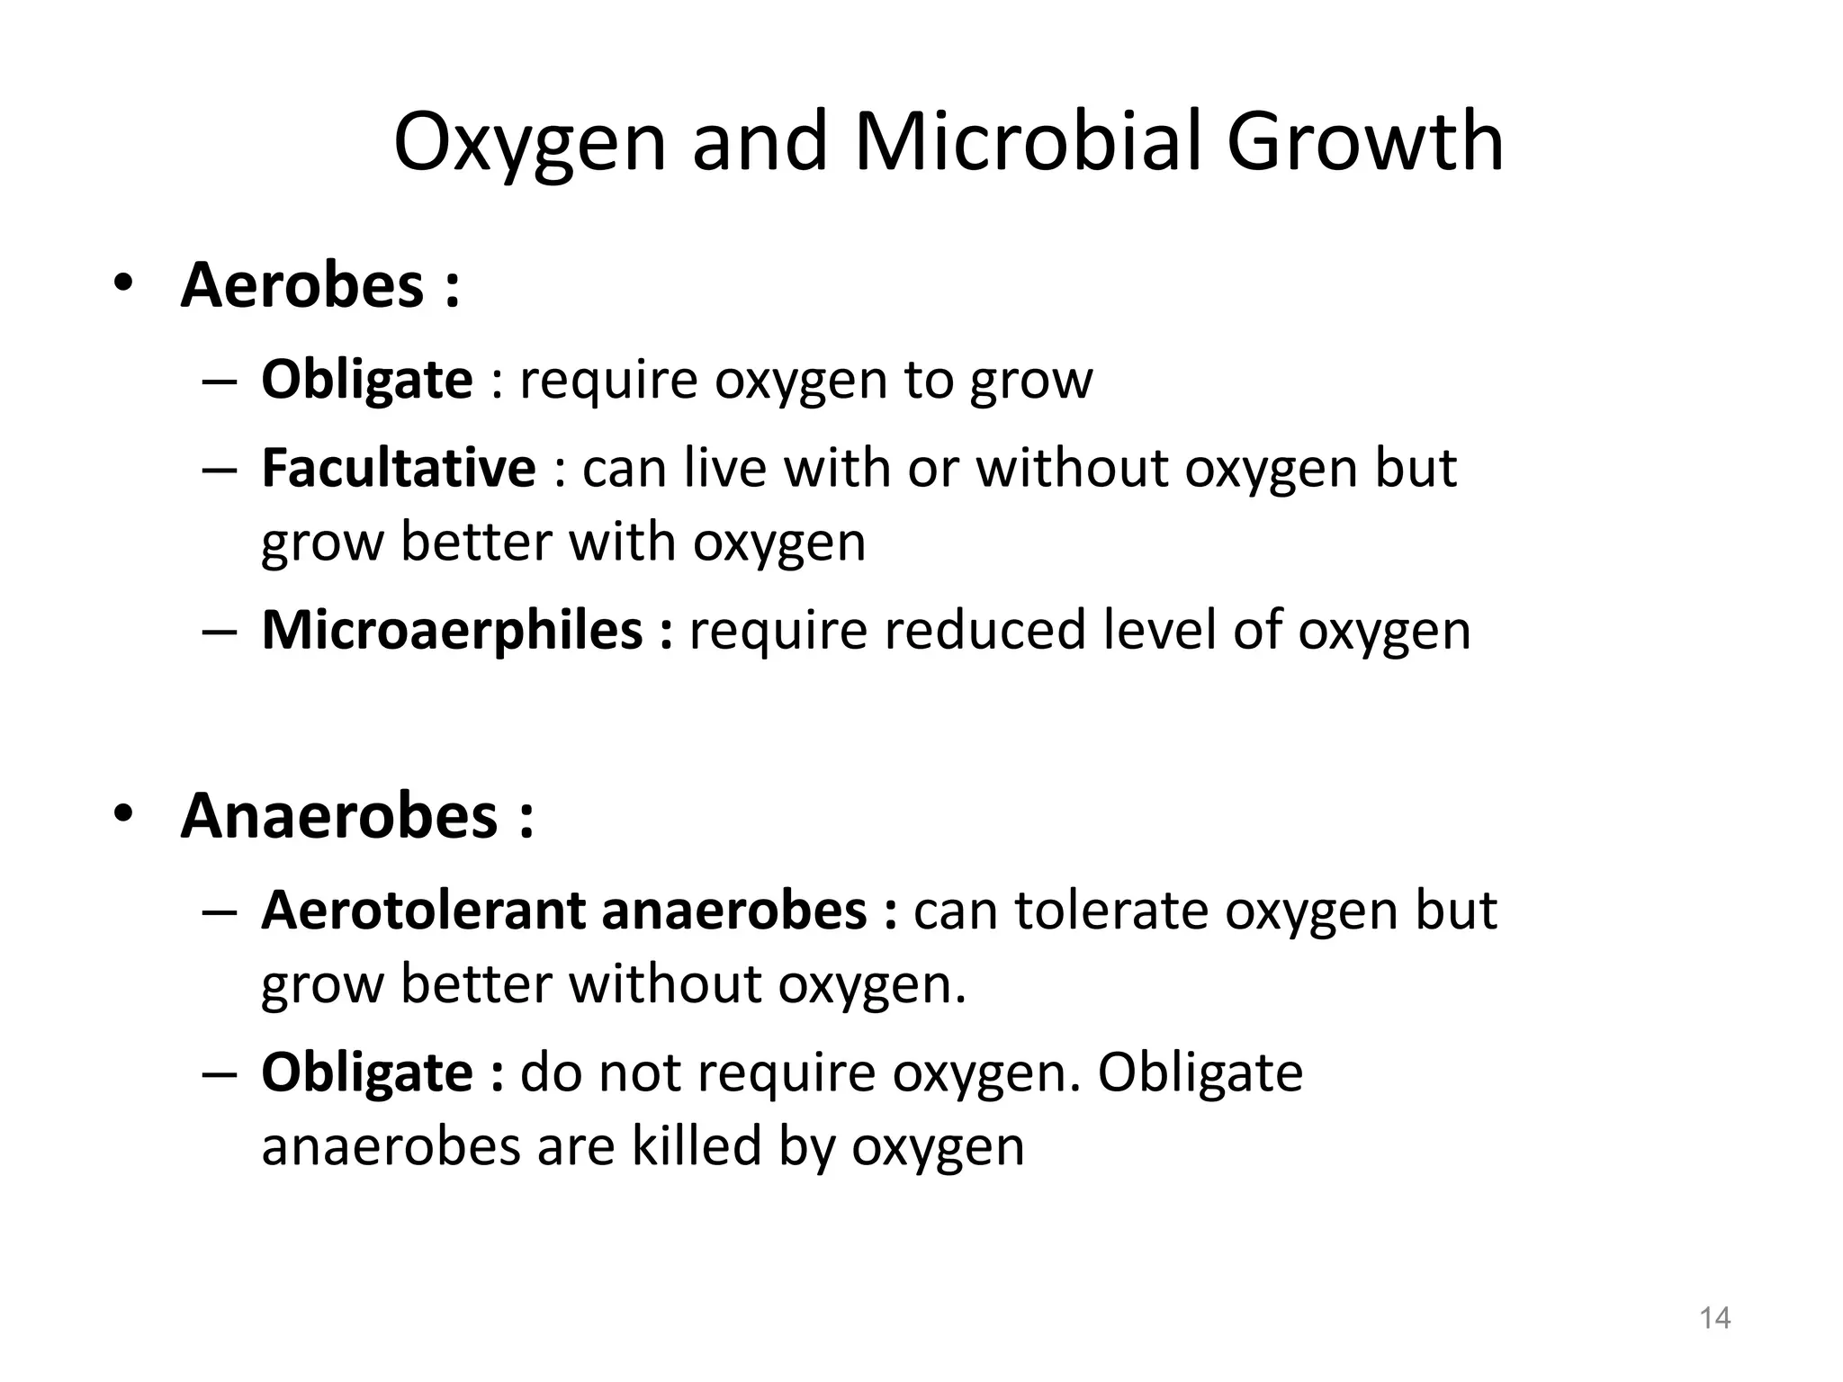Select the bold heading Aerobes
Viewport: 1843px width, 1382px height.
click(301, 285)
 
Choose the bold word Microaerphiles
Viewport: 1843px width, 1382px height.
click(452, 630)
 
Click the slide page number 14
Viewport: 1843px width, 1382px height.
click(1714, 1318)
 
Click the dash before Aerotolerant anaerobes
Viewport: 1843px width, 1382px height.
click(219, 912)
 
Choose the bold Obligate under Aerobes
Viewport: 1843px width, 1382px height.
click(366, 380)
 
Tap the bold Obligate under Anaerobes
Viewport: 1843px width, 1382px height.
click(366, 1072)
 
